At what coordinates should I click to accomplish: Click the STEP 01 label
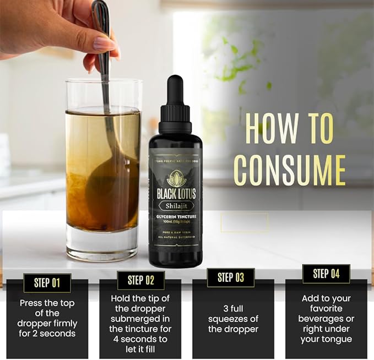(47, 283)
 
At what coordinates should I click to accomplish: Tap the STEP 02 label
(140, 280)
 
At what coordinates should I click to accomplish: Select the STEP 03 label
(231, 277)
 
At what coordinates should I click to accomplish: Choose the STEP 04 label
(326, 274)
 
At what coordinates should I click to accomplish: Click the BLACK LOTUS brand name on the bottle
(175, 194)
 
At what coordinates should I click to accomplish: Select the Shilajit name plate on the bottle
(175, 206)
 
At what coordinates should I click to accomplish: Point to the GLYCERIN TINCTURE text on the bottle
(175, 217)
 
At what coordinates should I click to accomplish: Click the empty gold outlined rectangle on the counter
(245, 222)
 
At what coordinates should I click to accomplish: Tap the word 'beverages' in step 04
(326, 318)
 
